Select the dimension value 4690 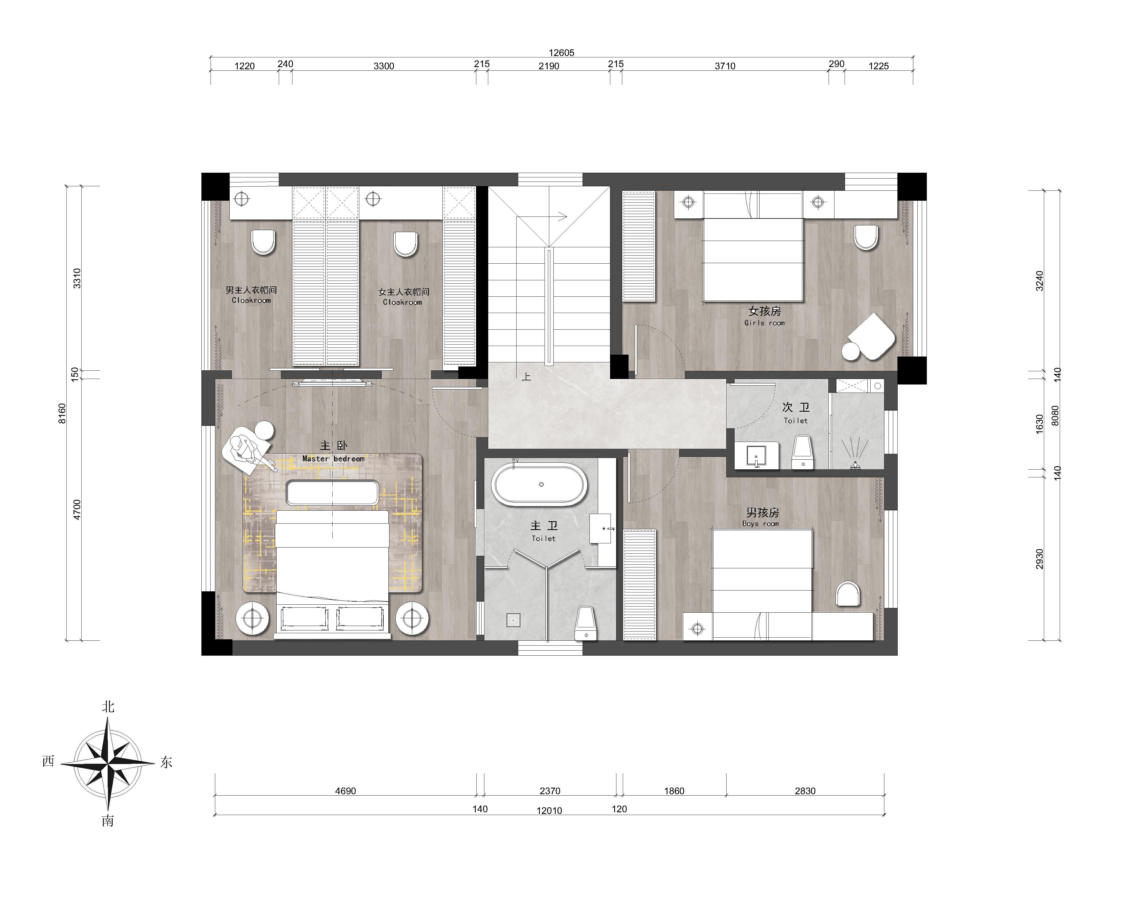(345, 791)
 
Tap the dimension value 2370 (550, 791)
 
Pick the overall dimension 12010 (549, 811)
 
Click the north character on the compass (108, 707)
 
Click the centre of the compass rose (108, 763)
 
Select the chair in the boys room (847, 594)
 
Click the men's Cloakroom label (251, 300)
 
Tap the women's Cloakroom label (403, 302)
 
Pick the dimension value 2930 (1040, 559)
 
